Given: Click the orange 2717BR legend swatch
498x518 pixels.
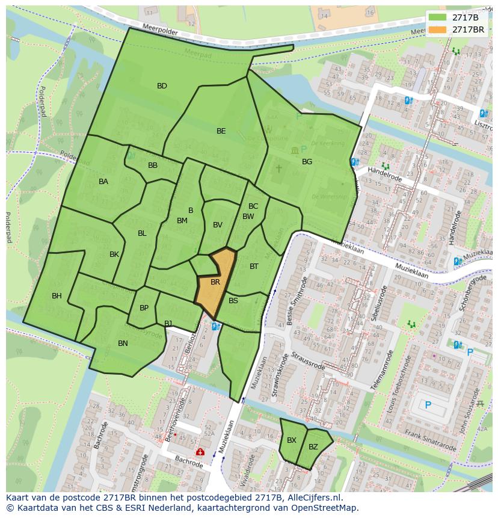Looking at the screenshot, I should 437,29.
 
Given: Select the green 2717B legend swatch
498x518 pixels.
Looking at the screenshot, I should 437,17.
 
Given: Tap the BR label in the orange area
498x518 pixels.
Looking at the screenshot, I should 215,282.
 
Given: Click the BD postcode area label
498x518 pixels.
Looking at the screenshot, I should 162,86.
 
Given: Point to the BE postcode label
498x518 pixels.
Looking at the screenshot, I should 221,131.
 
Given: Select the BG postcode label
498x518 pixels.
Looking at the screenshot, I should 307,162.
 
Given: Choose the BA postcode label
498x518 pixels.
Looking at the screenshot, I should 103,182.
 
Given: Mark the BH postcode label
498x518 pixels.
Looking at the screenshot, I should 57,296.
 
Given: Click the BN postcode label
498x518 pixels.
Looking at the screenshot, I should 123,344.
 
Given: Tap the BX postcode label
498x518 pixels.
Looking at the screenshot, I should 292,440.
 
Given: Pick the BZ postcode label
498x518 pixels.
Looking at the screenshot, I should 313,447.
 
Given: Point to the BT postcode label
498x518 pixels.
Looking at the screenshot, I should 254,267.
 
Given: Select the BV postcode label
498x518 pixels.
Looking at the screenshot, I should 218,225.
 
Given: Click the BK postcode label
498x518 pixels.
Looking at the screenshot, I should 114,254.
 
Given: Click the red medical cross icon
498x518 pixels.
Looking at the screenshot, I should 200,452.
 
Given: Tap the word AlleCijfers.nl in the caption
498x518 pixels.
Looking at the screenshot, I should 312,498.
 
